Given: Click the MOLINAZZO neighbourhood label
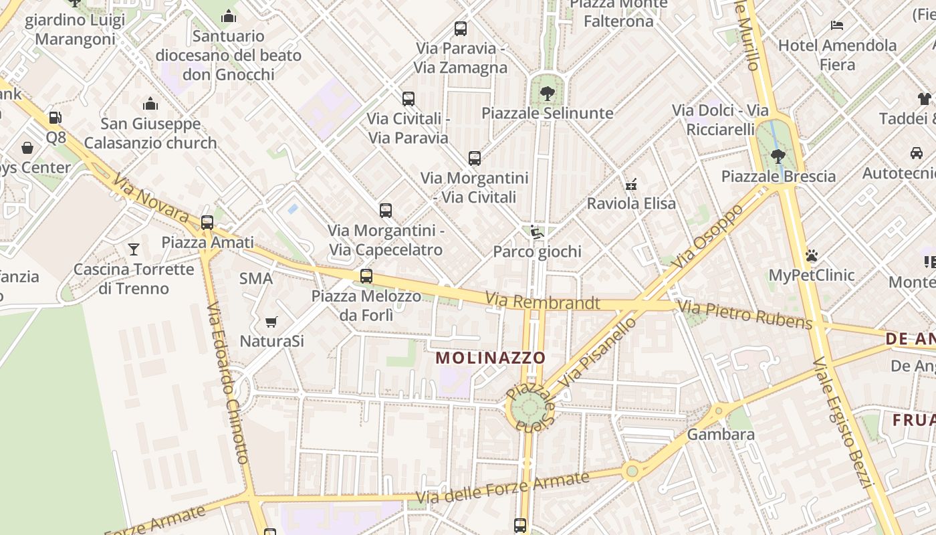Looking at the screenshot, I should coord(491,358).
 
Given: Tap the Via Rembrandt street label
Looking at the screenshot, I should coord(542,302).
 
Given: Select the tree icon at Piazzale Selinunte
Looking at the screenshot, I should coord(548,93).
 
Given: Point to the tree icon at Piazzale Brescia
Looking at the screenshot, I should coord(778,156).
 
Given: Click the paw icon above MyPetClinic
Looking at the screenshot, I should coord(812,255).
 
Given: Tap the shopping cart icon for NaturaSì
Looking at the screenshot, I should coord(271,322).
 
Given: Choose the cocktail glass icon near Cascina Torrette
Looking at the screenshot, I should coord(134,249).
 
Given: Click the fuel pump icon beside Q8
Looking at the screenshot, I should coord(55,118).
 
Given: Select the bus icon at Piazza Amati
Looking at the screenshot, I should coord(207,223).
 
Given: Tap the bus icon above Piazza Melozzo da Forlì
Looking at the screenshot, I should coord(366,276).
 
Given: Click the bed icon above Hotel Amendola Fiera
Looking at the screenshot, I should coord(837,26).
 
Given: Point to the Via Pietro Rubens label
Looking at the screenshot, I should coord(745,315).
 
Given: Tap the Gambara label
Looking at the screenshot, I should coord(721,434).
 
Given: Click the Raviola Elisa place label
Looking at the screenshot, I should coord(631,203).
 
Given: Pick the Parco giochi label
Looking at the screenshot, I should coord(537,251).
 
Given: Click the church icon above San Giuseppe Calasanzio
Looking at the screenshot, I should coord(150,104).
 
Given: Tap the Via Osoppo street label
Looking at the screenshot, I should coord(709,235).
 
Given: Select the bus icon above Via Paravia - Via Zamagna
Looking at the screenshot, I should coord(461,29).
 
